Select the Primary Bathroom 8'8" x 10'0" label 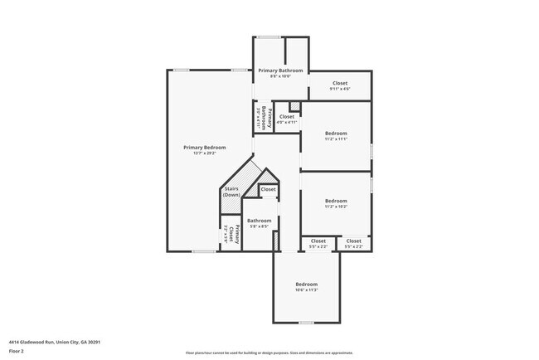(279, 71)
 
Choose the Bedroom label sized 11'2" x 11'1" (336, 134)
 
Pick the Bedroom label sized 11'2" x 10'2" (336, 202)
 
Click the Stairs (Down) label (231, 192)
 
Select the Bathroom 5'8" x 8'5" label (259, 221)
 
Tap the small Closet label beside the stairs (268, 189)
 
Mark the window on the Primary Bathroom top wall (267, 37)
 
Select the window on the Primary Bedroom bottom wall (204, 251)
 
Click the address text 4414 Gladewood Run (50, 342)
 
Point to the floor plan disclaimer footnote (269, 352)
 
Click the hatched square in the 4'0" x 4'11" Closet (294, 105)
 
